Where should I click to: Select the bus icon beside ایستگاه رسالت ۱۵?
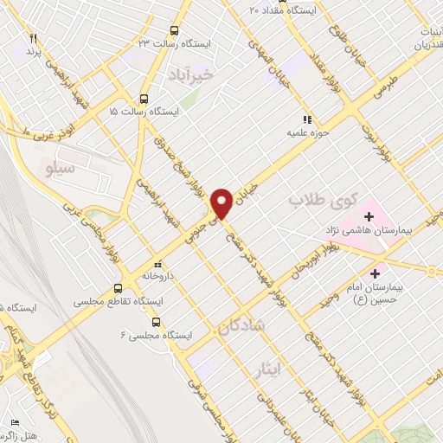point(143,98)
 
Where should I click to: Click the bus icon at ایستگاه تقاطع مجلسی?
point(119,288)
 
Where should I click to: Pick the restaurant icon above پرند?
point(34,38)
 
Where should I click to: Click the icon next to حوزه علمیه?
point(305,119)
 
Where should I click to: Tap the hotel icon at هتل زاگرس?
point(14,422)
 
